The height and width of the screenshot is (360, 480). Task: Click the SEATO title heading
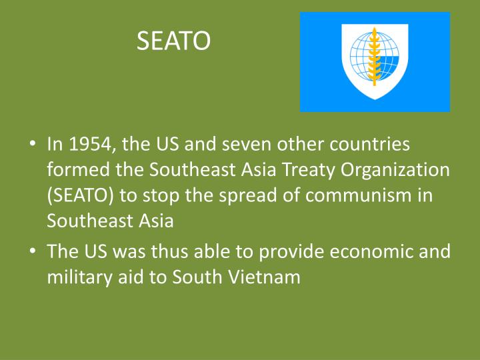pos(173,42)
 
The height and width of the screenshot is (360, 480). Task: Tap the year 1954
pos(87,144)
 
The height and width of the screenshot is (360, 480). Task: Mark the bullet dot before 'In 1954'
pos(32,145)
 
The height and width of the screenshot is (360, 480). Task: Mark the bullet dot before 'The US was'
pos(32,253)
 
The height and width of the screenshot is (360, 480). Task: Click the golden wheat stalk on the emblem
pos(374,56)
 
